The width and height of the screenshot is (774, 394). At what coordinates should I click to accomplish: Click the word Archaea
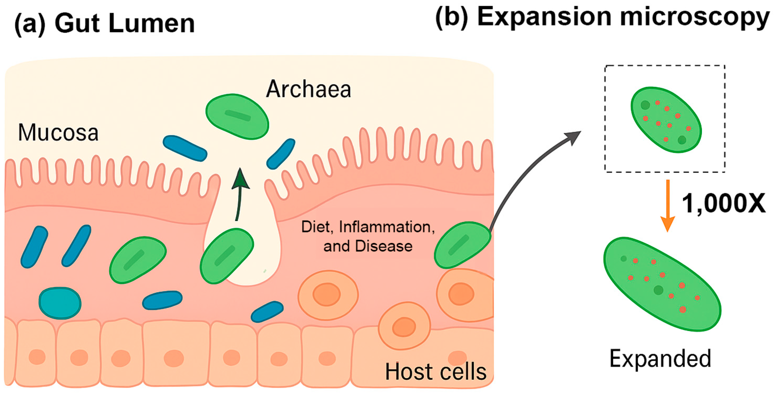point(309,89)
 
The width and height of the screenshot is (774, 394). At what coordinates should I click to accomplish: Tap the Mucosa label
point(58,132)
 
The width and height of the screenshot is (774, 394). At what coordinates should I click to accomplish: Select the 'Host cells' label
point(436,372)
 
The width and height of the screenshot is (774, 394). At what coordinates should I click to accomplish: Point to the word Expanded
point(660,359)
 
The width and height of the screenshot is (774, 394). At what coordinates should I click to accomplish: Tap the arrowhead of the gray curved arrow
point(572,138)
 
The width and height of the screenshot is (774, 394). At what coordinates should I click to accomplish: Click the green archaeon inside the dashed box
point(665,120)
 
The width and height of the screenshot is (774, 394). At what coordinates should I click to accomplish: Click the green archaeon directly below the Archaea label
point(237,117)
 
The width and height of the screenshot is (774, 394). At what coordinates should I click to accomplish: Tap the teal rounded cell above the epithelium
point(60,303)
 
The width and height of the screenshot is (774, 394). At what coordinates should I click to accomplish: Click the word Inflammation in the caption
point(387,227)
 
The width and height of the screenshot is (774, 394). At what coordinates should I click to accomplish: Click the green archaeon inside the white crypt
point(227,256)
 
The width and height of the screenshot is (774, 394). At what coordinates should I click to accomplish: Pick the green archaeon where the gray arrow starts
point(462,245)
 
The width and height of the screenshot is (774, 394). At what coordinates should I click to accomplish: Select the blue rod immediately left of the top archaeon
point(185,148)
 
